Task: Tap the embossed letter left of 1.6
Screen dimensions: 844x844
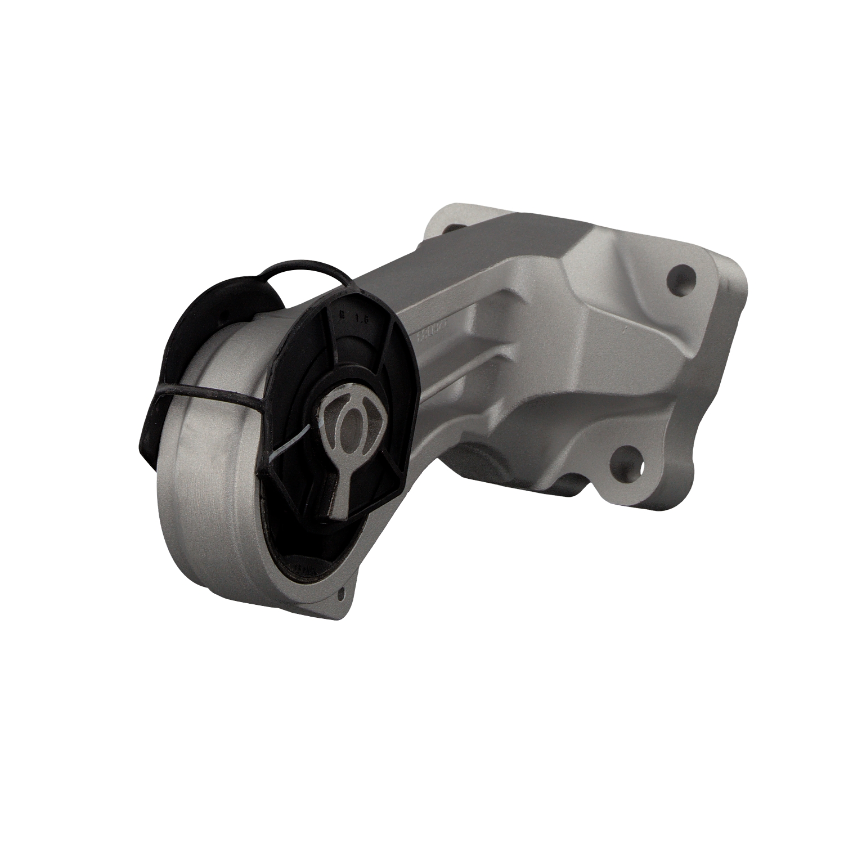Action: pyautogui.click(x=340, y=315)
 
